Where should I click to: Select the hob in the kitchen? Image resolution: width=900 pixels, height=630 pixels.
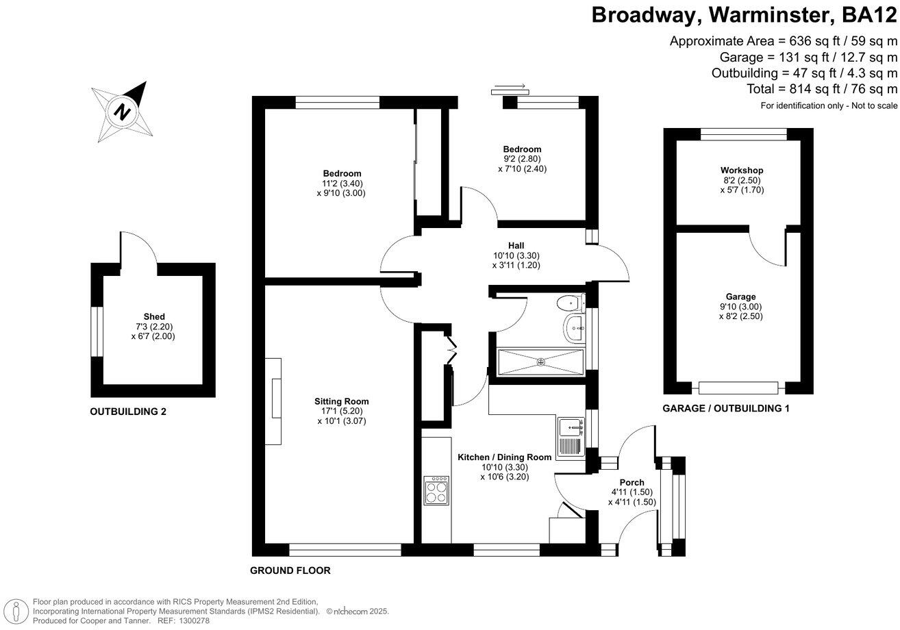pyautogui.click(x=436, y=490)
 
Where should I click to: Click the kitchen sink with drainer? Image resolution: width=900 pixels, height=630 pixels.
pyautogui.click(x=570, y=438)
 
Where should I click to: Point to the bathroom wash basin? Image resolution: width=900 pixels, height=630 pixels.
pyautogui.click(x=573, y=328)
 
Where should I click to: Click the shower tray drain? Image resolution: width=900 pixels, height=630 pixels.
pyautogui.click(x=540, y=362)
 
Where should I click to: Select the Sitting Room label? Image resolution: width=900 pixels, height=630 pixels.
pyautogui.click(x=341, y=401)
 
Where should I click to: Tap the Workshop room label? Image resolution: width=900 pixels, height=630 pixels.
pyautogui.click(x=741, y=170)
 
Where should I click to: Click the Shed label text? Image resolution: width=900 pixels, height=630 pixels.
pyautogui.click(x=154, y=316)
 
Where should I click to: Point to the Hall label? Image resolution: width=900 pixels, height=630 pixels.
pyautogui.click(x=516, y=245)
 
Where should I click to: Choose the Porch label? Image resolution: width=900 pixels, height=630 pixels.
pyautogui.click(x=632, y=482)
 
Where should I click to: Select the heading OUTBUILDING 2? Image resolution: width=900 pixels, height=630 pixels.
pyautogui.click(x=128, y=412)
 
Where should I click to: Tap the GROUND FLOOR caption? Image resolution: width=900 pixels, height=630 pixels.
pyautogui.click(x=290, y=570)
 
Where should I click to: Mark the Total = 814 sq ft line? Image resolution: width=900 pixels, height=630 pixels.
pyautogui.click(x=822, y=89)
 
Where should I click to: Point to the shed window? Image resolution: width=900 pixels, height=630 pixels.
pyautogui.click(x=97, y=331)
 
